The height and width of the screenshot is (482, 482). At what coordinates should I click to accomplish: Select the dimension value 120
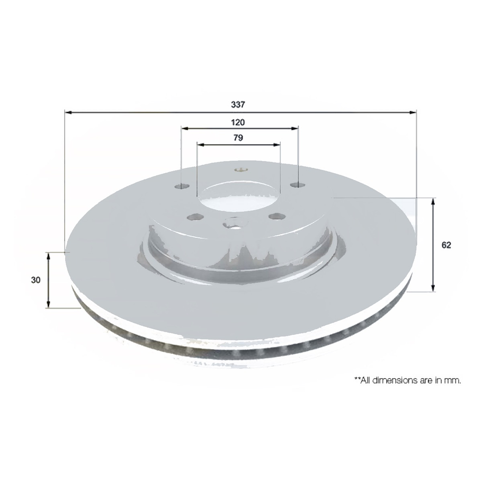tap(238, 122)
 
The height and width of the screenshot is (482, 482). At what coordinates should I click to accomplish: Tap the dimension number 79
tap(238, 138)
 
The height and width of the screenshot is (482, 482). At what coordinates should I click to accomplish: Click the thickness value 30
tap(35, 281)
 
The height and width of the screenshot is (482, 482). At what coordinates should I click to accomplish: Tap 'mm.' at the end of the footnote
tap(454, 380)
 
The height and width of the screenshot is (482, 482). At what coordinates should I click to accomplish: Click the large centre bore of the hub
tap(236, 198)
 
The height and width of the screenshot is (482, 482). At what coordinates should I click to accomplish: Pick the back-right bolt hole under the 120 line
tap(299, 185)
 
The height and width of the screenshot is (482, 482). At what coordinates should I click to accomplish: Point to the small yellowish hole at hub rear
tap(241, 171)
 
